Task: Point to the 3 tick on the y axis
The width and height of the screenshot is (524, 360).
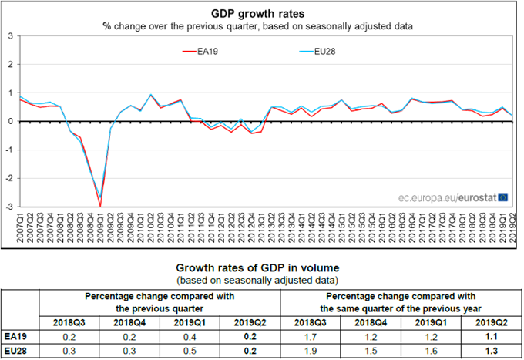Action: tap(9, 35)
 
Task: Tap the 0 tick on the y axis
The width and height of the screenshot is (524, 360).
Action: tap(9, 121)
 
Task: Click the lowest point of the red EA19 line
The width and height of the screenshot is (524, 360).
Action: tap(99, 205)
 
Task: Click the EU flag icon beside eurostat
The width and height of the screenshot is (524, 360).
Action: tap(503, 198)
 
